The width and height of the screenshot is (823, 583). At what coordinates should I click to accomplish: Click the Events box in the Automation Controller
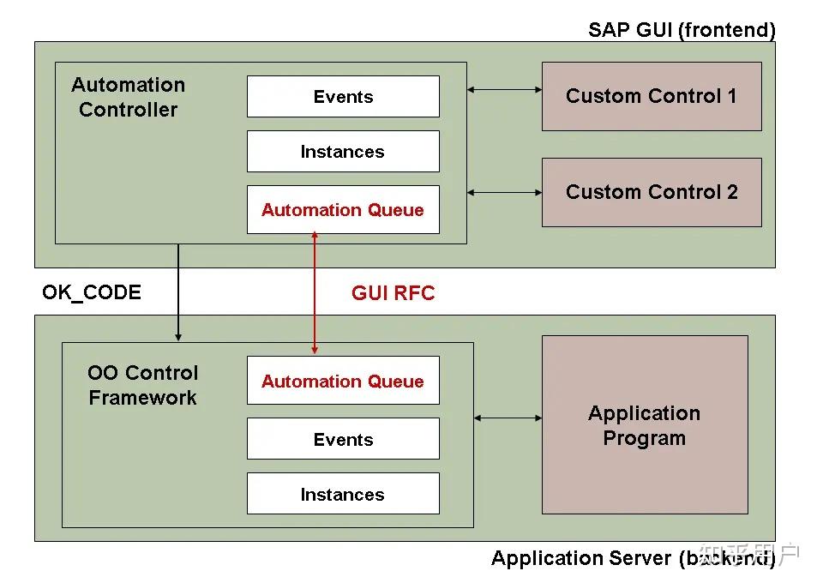point(343,97)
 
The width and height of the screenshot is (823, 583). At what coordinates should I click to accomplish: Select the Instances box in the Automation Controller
point(343,152)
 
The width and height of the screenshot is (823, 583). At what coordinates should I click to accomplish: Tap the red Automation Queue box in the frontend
point(343,210)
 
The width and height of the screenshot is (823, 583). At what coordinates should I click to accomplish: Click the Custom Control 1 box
point(651,96)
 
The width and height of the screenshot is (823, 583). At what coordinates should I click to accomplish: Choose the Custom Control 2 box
point(651,192)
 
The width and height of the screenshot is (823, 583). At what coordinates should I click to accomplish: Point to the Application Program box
point(644,425)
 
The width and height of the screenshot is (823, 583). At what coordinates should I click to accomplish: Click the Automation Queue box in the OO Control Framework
point(343,381)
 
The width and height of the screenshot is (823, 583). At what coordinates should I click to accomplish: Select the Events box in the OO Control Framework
point(343,439)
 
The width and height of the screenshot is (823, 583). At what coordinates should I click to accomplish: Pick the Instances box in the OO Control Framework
point(343,494)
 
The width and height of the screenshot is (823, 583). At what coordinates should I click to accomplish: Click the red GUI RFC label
point(393,293)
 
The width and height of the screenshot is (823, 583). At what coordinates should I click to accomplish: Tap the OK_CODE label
point(92,292)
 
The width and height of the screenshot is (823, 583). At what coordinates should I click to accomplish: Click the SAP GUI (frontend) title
point(682,30)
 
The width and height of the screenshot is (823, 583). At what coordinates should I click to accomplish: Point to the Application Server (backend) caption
point(633,558)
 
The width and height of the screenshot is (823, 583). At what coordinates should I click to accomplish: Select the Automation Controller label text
point(128,97)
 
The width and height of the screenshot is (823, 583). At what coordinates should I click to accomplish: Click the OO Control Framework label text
point(142,385)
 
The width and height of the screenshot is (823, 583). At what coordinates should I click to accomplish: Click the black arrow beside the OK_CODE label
point(178,291)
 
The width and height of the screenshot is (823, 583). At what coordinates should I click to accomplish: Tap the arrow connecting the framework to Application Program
point(508,418)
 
